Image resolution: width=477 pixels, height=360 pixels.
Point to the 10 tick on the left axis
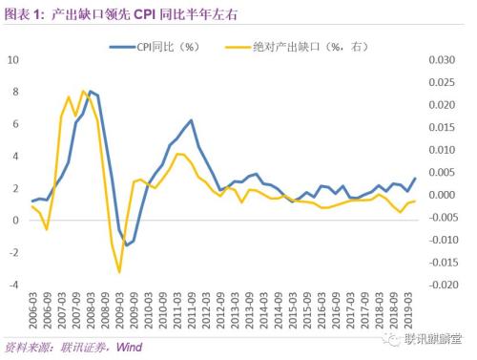tap(13, 59)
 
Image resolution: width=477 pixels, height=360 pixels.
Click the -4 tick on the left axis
tap(13, 285)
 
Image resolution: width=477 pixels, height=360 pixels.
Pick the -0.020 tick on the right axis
tap(448, 285)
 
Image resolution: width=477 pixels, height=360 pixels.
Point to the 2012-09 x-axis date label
tap(222, 311)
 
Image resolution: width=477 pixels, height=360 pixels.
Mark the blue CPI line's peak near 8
tap(90, 91)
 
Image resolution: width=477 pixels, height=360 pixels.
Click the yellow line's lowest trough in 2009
tap(120, 272)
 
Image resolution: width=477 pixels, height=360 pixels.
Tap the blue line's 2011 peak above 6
tap(191, 120)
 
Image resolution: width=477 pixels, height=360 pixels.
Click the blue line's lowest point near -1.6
tap(127, 245)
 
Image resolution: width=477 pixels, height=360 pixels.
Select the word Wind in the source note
tap(129, 347)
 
